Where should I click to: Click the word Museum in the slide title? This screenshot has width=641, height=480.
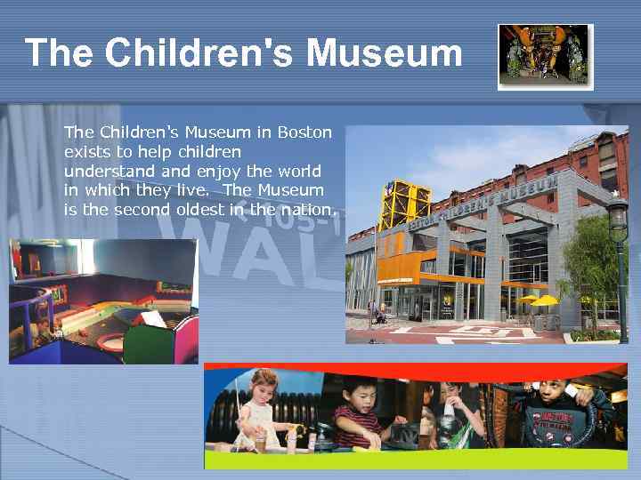tap(385, 53)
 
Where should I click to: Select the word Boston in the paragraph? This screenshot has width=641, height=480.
tap(304, 132)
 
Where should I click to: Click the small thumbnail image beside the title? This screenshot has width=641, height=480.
tap(545, 55)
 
